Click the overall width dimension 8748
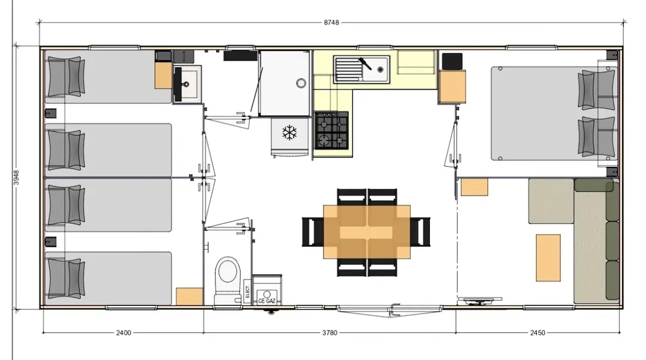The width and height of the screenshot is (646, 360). point(331,22)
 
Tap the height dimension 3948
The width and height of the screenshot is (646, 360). point(16,177)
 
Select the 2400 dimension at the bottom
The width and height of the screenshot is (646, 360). point(123,332)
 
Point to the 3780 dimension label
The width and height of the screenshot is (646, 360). point(329,332)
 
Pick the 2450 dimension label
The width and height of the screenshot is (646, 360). point(537,332)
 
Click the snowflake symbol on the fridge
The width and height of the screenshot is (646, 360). point(290,133)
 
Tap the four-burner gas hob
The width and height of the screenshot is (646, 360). point(332,130)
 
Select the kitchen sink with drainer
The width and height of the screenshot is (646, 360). point(361,69)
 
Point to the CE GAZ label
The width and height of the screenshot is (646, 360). point(267,301)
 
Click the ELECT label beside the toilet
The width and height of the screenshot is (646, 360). point(247,291)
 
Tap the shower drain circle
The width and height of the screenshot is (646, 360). point(301,83)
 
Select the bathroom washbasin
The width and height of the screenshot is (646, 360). point(187,84)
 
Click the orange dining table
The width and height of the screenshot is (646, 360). point(366,232)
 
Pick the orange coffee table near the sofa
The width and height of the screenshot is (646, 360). point(548,258)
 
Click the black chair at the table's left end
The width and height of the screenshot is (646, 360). point(312,232)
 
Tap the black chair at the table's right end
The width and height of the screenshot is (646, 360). point(420,232)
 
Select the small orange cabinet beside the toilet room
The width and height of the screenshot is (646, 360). point(190,296)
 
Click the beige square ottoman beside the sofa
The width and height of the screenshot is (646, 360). point(551,201)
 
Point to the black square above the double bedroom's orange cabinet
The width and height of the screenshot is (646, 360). point(452,62)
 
